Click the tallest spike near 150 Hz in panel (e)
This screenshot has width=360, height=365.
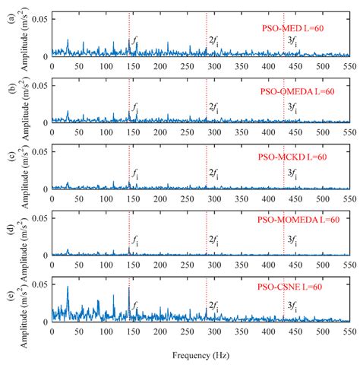[129, 288]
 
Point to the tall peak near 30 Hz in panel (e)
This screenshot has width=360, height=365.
[68, 288]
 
